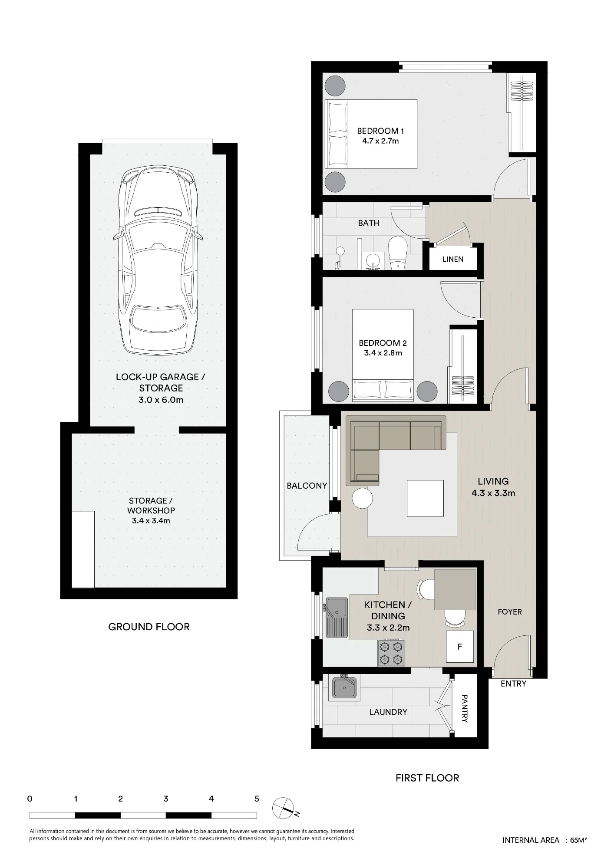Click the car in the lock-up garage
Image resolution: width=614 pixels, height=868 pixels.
158,261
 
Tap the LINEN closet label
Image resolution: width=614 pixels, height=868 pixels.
453,259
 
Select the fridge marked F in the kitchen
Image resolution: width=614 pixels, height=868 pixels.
460,647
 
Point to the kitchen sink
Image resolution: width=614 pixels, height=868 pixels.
336,618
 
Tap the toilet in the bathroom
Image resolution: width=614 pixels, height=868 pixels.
396,253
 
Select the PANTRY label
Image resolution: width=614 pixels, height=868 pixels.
465,709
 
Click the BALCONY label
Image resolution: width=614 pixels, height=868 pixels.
307,486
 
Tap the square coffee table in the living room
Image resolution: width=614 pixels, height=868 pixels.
425,498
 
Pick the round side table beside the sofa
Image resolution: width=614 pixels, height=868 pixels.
363,498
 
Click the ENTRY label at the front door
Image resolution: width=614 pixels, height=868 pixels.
513,684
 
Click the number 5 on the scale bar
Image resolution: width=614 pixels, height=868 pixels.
257,799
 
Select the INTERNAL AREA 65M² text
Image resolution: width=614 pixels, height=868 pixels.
545,840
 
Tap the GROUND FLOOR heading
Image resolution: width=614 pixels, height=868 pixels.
149,627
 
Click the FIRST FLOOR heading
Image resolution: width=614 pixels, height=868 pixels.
427,778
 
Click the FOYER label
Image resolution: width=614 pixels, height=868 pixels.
510,612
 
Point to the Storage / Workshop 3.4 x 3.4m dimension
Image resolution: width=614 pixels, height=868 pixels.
151,520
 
